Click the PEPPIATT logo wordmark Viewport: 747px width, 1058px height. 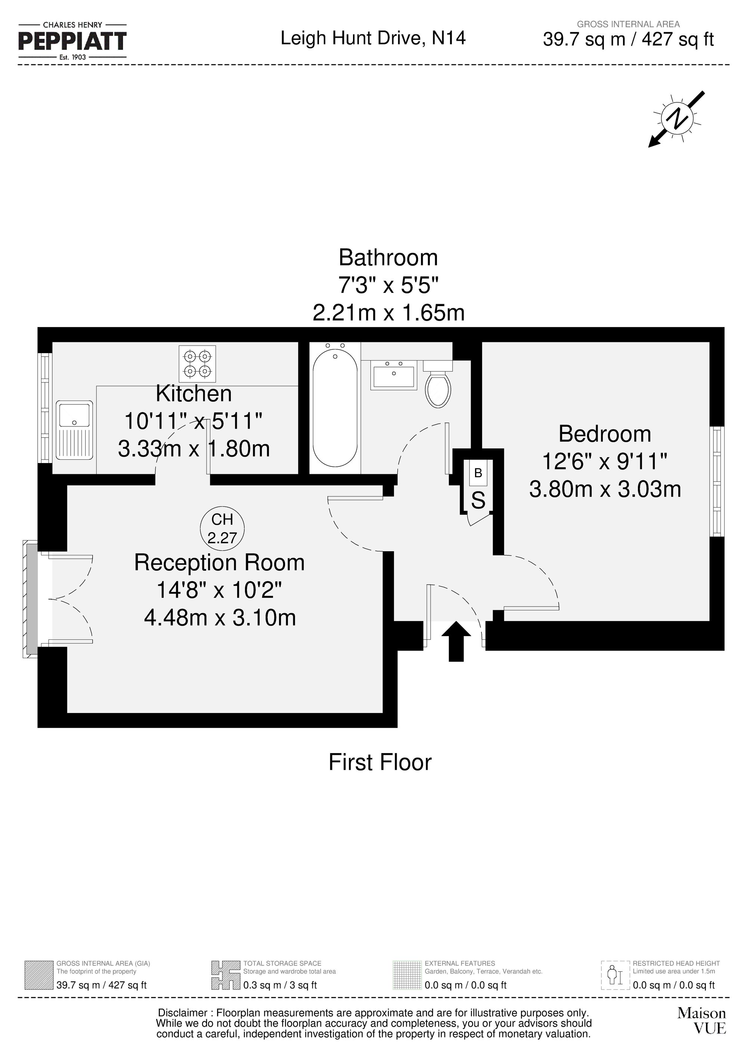pyautogui.click(x=72, y=41)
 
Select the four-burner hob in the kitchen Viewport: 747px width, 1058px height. pyautogui.click(x=198, y=364)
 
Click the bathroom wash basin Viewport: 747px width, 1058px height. pyautogui.click(x=394, y=374)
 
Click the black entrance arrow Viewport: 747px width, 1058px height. pyautogui.click(x=456, y=641)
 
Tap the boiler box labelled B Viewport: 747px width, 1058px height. pyautogui.click(x=478, y=473)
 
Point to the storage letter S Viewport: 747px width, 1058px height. pyautogui.click(x=478, y=500)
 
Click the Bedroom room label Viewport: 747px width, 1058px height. pyautogui.click(x=604, y=434)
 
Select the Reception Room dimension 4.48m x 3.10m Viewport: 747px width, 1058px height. pyautogui.click(x=220, y=618)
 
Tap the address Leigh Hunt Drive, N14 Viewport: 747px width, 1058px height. pyautogui.click(x=373, y=38)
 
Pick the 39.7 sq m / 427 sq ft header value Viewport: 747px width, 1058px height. pyautogui.click(x=628, y=40)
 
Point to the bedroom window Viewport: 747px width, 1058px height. pyautogui.click(x=717, y=481)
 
